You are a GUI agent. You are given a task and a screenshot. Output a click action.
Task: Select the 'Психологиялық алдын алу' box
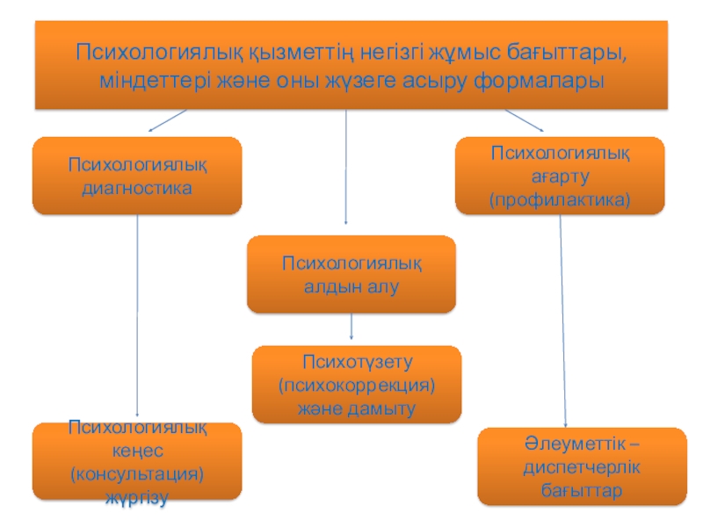pyautogui.click(x=351, y=274)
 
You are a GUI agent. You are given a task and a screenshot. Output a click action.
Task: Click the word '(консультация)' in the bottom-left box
pyautogui.click(x=137, y=474)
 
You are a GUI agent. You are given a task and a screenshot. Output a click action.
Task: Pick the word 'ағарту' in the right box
pyautogui.click(x=560, y=177)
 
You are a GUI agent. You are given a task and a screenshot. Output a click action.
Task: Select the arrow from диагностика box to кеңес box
pyautogui.click(x=137, y=316)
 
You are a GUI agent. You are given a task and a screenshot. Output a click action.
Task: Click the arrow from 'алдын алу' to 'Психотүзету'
pyautogui.click(x=351, y=327)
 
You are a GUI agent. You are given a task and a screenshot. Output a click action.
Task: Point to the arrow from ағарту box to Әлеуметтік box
pyautogui.click(x=562, y=321)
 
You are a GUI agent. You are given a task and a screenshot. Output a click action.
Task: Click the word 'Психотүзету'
pyautogui.click(x=357, y=361)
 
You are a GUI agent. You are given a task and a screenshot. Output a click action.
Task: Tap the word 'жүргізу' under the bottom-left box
pyautogui.click(x=137, y=497)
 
